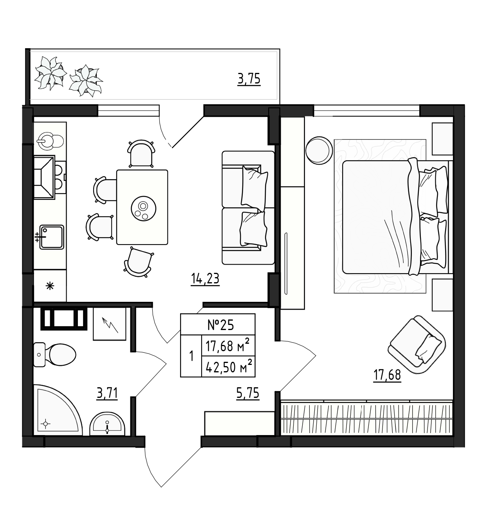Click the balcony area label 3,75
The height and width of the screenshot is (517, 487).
(249, 79)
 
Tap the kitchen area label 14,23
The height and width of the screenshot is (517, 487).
(205, 279)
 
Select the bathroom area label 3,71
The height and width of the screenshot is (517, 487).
(107, 393)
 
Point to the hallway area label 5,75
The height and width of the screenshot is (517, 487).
(248, 393)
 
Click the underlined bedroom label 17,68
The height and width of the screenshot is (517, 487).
(387, 376)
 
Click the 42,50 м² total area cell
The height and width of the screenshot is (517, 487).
(228, 367)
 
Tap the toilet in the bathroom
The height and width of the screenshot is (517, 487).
(54, 355)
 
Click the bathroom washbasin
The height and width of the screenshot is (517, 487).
(107, 424)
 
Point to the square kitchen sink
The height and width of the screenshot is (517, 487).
(52, 237)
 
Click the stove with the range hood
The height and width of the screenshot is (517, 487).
(49, 178)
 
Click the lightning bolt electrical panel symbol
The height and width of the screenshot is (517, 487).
(110, 324)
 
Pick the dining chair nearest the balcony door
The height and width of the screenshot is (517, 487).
(141, 154)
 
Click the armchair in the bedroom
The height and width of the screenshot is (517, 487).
(417, 345)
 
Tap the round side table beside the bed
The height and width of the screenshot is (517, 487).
(319, 151)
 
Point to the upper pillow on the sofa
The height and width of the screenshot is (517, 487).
(254, 188)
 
